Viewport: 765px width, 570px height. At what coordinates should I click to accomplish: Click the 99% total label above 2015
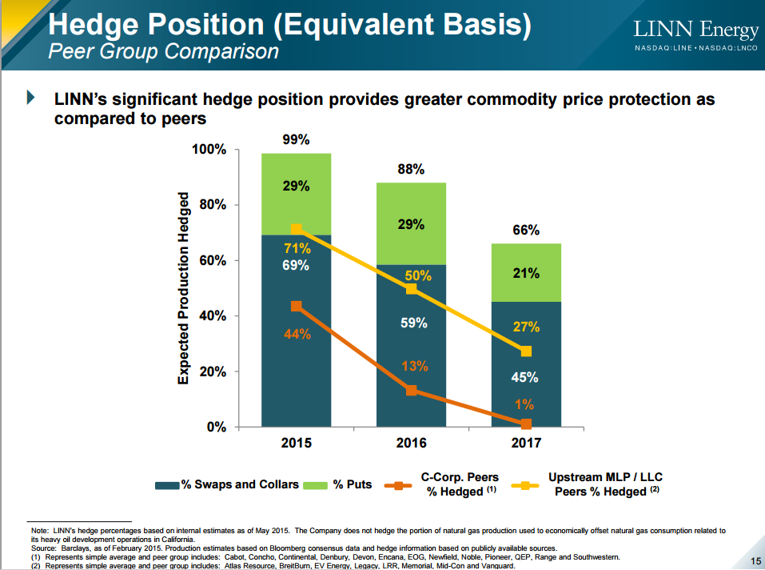click(x=297, y=139)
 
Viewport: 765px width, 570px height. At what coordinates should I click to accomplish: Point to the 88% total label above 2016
click(x=411, y=170)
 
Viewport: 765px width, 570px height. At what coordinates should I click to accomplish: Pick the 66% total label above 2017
click(x=525, y=231)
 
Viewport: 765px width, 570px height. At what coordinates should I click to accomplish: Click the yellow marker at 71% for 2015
click(x=297, y=230)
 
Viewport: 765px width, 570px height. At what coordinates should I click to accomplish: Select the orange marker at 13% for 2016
click(x=411, y=391)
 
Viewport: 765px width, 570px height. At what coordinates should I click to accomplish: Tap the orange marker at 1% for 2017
click(x=525, y=424)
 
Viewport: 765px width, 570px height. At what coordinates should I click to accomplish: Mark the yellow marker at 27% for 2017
click(x=525, y=351)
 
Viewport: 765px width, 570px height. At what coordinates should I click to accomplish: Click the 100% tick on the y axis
click(x=209, y=151)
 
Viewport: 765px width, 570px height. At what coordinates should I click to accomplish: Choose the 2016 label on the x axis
click(x=411, y=444)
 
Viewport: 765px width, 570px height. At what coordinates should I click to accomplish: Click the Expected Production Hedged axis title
click(x=184, y=288)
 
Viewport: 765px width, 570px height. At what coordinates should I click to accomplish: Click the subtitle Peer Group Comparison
click(x=164, y=52)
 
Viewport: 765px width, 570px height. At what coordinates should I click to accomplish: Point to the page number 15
click(x=755, y=560)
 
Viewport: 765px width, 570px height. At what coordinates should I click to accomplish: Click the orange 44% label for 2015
click(x=297, y=334)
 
